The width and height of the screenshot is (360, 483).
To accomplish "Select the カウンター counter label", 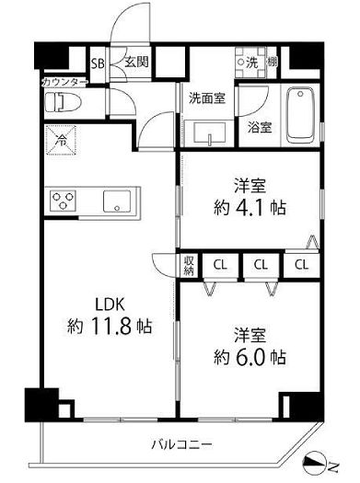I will point(64,82).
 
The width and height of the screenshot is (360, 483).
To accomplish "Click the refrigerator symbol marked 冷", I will point(61,140).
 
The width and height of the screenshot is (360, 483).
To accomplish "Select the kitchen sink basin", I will point(118,200).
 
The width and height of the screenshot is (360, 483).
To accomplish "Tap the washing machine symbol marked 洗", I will point(250,63).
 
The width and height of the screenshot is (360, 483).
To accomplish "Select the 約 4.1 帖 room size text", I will point(249,207).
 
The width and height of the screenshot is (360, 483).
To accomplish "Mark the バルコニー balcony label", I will point(180,445).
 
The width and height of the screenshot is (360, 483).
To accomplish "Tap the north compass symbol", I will point(324,467).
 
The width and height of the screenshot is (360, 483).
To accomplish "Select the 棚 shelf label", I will point(273,63).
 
